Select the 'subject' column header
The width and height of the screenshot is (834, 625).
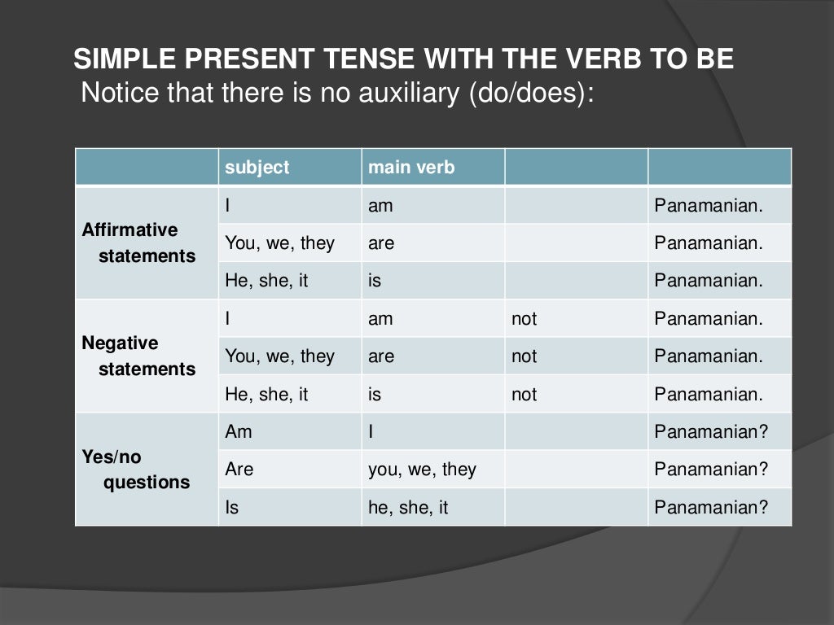click(x=257, y=168)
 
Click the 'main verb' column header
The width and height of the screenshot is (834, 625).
click(x=411, y=168)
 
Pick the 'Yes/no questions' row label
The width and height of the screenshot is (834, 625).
click(x=135, y=469)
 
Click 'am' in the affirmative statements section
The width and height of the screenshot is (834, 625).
click(x=380, y=206)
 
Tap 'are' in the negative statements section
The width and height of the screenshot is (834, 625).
click(x=381, y=356)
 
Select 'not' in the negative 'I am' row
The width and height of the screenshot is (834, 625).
click(x=524, y=319)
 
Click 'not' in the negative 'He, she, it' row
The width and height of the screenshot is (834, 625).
click(x=524, y=395)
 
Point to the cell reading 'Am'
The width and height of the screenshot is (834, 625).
click(x=239, y=432)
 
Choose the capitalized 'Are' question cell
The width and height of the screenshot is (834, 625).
click(x=239, y=470)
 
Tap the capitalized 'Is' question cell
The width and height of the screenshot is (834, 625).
click(x=232, y=508)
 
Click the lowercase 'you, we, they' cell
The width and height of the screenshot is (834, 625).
click(x=422, y=470)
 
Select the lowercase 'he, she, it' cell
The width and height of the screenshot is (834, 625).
click(x=408, y=508)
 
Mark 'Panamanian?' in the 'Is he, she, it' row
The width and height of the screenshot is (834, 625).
click(x=711, y=508)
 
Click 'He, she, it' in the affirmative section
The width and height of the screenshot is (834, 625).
click(x=266, y=282)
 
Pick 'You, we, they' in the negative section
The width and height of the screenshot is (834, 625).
click(x=279, y=356)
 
